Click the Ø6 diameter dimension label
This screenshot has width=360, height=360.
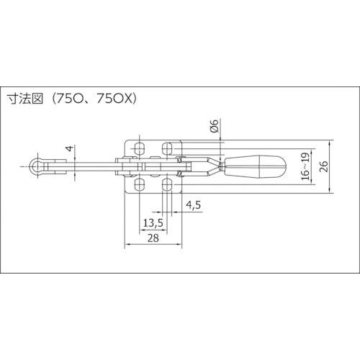[x=215, y=126]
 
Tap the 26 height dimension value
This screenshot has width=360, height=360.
[x=324, y=166]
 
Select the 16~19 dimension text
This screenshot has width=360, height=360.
[x=305, y=166]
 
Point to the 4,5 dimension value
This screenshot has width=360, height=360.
[x=193, y=205]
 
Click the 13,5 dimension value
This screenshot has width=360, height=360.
[x=153, y=223]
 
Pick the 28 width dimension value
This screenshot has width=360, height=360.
[x=153, y=238]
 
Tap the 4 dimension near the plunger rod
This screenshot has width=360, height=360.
[x=70, y=148]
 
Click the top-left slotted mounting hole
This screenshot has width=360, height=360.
[x=140, y=149]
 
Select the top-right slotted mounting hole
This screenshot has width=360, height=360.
[x=167, y=149]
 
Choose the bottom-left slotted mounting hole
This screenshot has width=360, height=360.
[x=140, y=184]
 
